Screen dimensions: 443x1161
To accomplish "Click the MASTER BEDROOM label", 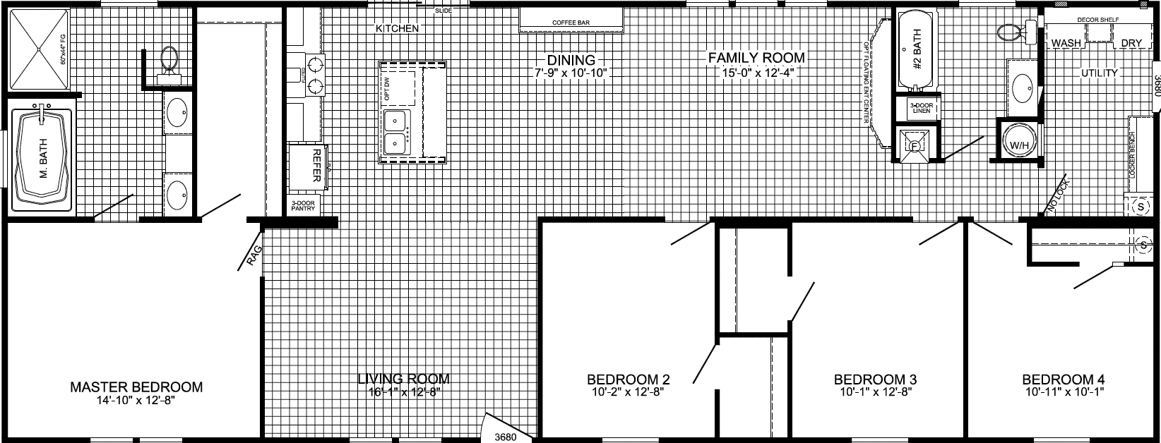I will tap(136, 387).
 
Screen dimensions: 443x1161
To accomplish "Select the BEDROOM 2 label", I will tap(629, 380).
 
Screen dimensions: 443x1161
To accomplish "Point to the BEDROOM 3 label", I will tap(876, 380).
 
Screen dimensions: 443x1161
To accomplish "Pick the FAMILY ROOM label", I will tap(757, 58).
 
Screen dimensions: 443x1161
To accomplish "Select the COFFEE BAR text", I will tap(571, 23).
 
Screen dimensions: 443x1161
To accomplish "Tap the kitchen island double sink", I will tap(395, 132).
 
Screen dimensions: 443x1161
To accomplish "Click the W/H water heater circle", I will tap(1019, 145).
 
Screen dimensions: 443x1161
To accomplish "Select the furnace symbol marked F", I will tap(913, 147).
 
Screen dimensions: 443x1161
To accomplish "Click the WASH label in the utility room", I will tap(1066, 44).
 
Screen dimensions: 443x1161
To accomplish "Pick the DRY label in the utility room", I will tap(1131, 44).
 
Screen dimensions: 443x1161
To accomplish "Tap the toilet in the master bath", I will tap(169, 59).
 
